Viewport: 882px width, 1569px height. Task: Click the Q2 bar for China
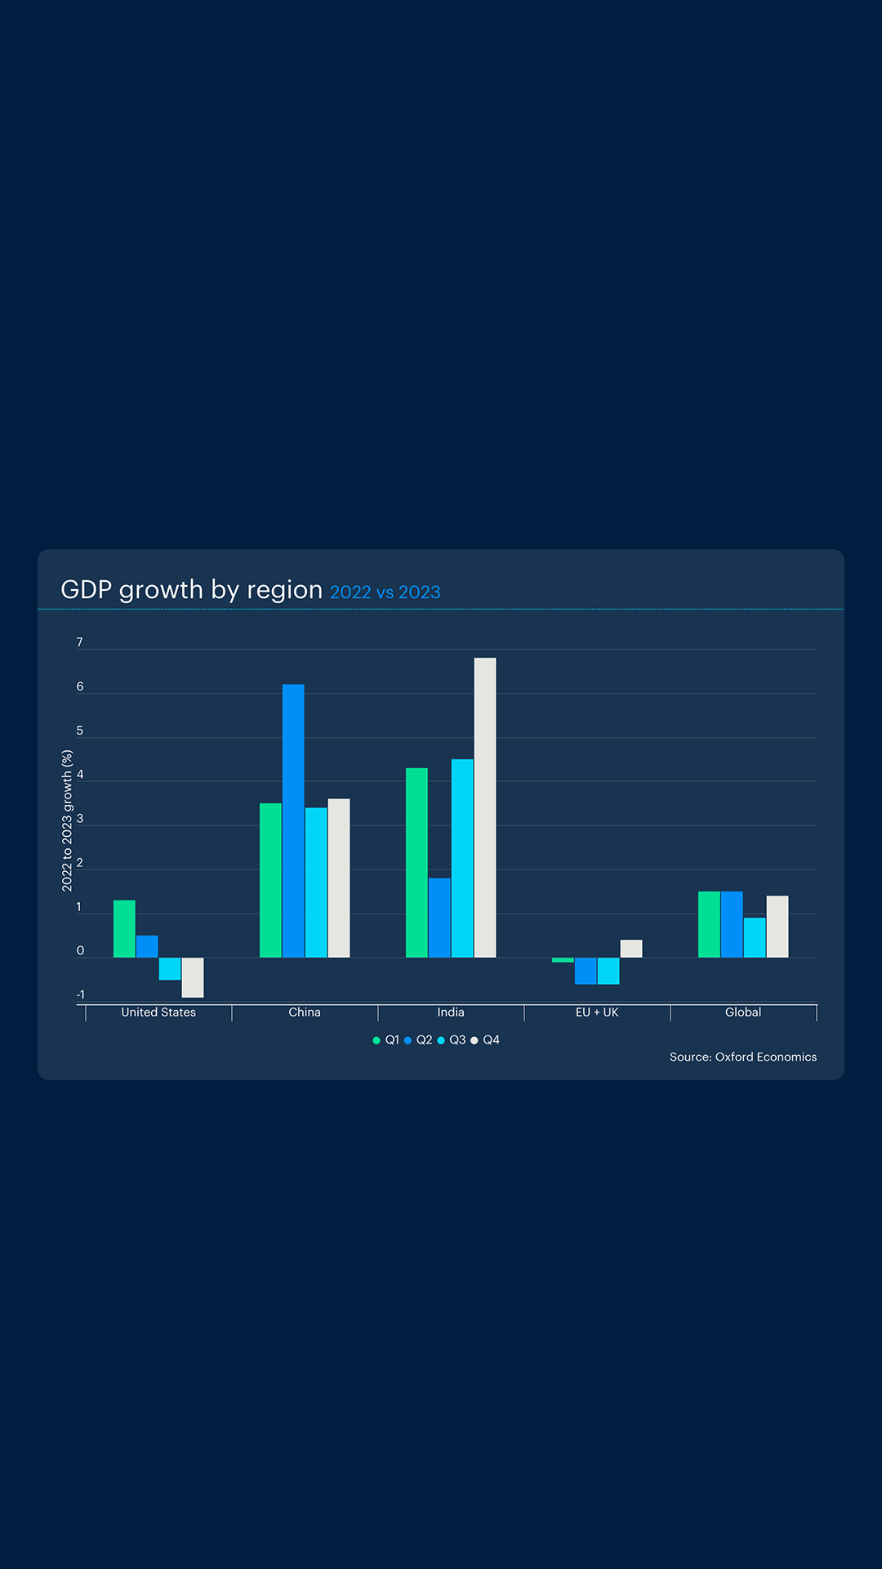[x=293, y=820]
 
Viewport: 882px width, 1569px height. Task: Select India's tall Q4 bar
[x=485, y=807]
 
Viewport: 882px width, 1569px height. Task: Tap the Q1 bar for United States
[x=124, y=928]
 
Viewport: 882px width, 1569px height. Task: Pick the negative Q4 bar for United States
[x=193, y=977]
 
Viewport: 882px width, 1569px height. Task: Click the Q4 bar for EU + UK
[x=631, y=949]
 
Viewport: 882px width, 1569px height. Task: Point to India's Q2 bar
[x=439, y=918]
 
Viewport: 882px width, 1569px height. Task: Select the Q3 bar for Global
[x=755, y=937]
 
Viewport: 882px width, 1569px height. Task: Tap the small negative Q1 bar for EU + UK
[x=563, y=960]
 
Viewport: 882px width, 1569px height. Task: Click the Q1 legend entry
[x=386, y=1040]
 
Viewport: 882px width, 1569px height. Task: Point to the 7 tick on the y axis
[x=79, y=643]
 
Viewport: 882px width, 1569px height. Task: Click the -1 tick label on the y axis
[x=80, y=995]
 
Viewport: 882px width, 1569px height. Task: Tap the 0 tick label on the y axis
[x=80, y=951]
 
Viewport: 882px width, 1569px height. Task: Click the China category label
[x=305, y=1012]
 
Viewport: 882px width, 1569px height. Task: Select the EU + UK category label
[x=597, y=1012]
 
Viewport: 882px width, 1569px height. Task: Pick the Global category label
[x=743, y=1012]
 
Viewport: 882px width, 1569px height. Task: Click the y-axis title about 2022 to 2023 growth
[x=67, y=820]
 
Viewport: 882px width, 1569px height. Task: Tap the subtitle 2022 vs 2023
[x=385, y=592]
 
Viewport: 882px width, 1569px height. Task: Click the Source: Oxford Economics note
[x=743, y=1057]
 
